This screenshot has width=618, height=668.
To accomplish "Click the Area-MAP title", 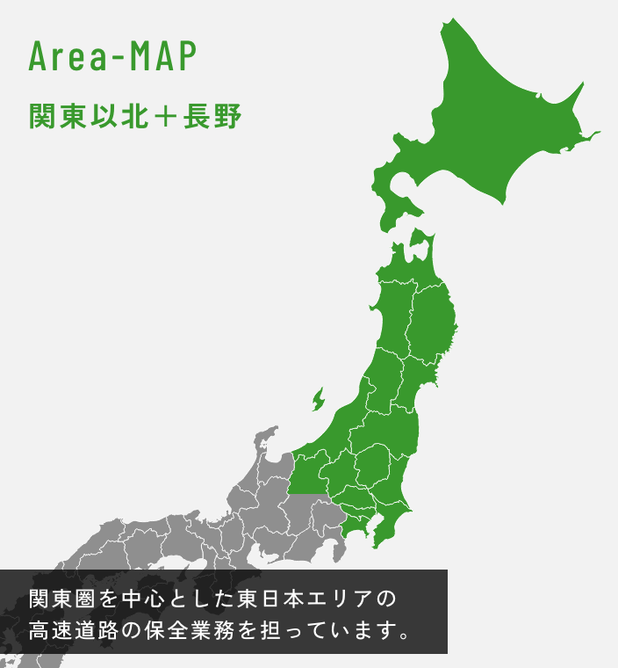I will pos(112,56).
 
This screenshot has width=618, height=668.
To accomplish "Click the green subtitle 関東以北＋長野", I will pos(135,117).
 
